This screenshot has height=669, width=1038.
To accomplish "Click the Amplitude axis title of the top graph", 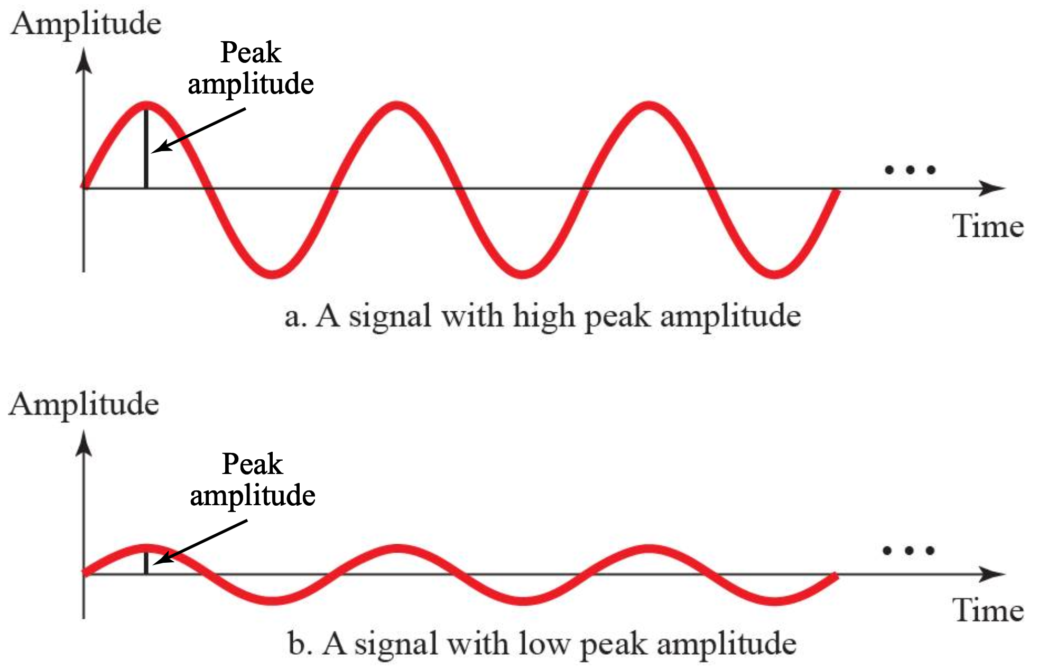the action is pyautogui.click(x=86, y=24).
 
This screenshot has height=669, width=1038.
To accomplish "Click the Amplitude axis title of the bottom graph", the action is pyautogui.click(x=84, y=405).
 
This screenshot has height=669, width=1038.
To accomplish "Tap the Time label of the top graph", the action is pyautogui.click(x=988, y=227).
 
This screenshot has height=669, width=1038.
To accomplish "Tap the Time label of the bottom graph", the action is pyautogui.click(x=988, y=610).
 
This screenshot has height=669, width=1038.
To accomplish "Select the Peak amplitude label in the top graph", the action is pyautogui.click(x=251, y=68).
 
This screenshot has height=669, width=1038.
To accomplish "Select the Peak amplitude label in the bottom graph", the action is pyautogui.click(x=253, y=480).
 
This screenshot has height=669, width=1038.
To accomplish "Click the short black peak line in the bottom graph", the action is pyautogui.click(x=146, y=563).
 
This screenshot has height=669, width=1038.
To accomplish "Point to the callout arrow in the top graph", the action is pyautogui.click(x=201, y=130).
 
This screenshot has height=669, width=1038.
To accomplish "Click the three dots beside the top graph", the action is pyautogui.click(x=910, y=170).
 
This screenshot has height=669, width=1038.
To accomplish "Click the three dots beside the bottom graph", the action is pyautogui.click(x=909, y=551).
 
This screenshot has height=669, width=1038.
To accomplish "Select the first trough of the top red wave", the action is pyautogui.click(x=272, y=273).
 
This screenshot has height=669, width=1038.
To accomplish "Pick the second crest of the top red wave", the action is pyautogui.click(x=397, y=106).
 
